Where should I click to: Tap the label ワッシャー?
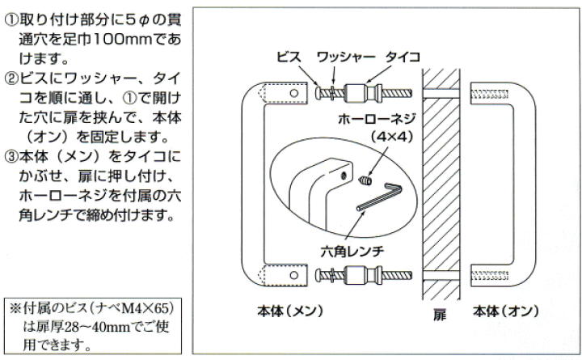point(345,57)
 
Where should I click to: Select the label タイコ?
point(401,57)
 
